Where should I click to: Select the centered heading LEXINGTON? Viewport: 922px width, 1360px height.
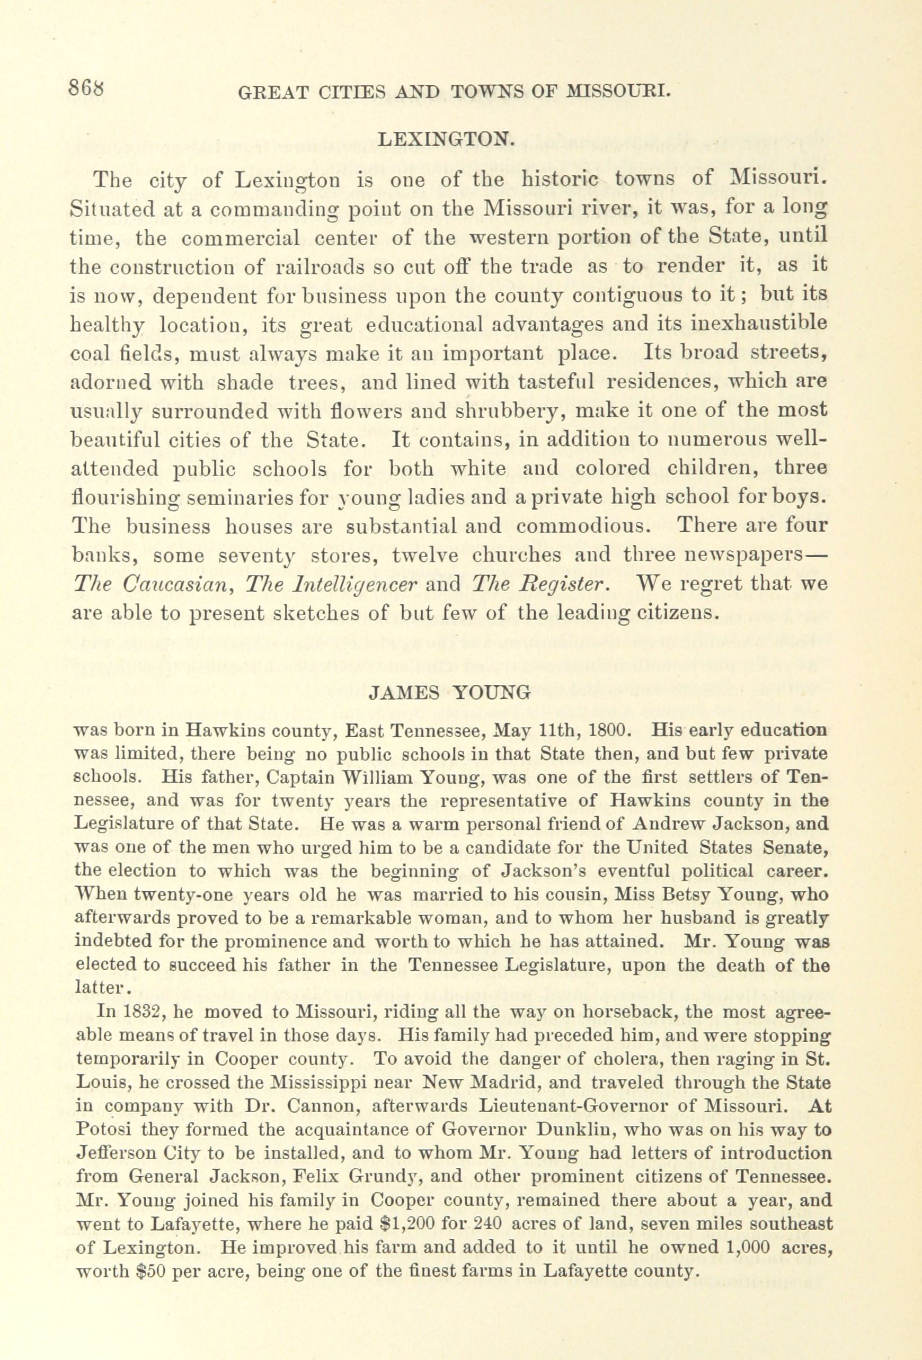447,139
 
